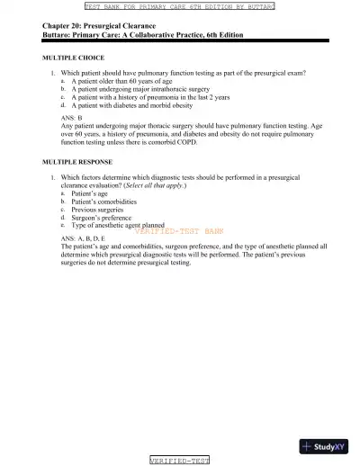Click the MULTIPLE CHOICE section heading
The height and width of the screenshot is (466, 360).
(73, 57)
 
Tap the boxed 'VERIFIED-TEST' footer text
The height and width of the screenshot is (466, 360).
(179, 460)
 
